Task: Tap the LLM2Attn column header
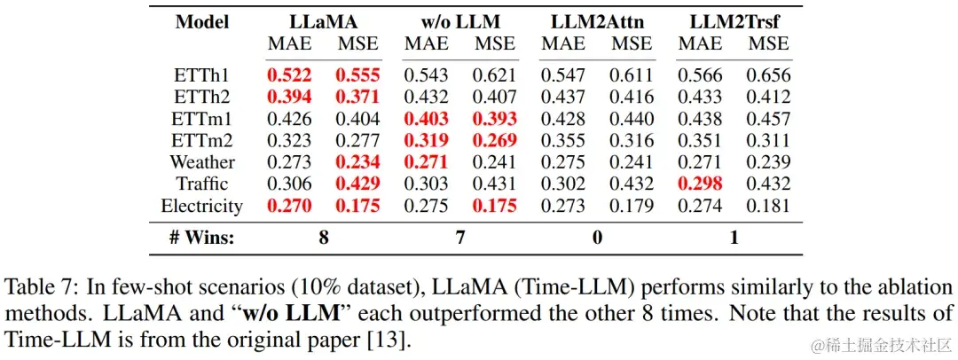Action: (595, 21)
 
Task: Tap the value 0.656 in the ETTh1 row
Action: (768, 75)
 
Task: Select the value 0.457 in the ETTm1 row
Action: (768, 119)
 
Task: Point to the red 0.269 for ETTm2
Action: (494, 140)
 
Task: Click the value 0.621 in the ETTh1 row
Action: (494, 75)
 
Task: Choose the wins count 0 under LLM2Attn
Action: (597, 237)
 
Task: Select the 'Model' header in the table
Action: (202, 21)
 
